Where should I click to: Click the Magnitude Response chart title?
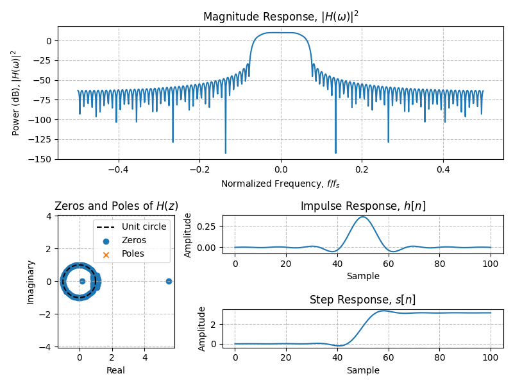pos(281,17)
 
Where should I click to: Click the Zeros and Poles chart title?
pos(116,206)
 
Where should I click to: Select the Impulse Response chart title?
pos(363,206)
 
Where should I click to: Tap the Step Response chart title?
pos(363,300)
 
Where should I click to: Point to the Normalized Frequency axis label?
pos(281,184)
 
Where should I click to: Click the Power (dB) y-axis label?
pos(15,92)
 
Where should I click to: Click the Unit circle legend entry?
pos(144,227)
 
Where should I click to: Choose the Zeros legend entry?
pos(133,240)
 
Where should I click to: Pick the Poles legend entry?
pos(133,253)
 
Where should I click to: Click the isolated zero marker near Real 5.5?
pos(169,281)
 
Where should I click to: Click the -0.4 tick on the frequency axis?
pos(118,170)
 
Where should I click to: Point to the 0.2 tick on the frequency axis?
pos(362,170)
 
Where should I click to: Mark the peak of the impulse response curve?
pos(363,217)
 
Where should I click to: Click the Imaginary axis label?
pos(30,281)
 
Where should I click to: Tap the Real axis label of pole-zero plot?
pos(116,370)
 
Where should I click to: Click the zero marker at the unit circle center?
pos(82,281)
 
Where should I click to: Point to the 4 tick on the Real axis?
pos(145,357)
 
